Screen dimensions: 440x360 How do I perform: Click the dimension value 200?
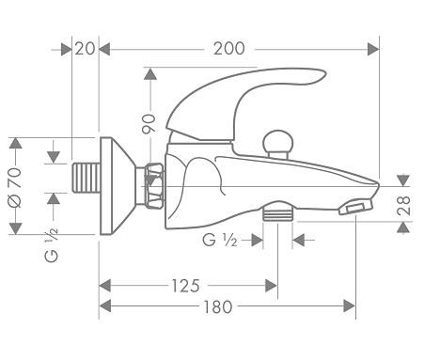pos(229,49)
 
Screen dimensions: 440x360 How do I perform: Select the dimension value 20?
pos(85,49)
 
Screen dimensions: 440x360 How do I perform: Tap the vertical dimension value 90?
pos(149,124)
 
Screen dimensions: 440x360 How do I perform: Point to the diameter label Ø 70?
pos(15,187)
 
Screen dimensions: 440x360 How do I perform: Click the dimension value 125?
pos(185,286)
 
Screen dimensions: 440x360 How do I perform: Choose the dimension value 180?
pos(218,307)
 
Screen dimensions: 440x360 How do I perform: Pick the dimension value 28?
pos(403,206)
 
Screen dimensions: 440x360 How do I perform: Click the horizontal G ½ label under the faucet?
pos(220,241)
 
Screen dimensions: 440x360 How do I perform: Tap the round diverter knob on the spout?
pos(277,144)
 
